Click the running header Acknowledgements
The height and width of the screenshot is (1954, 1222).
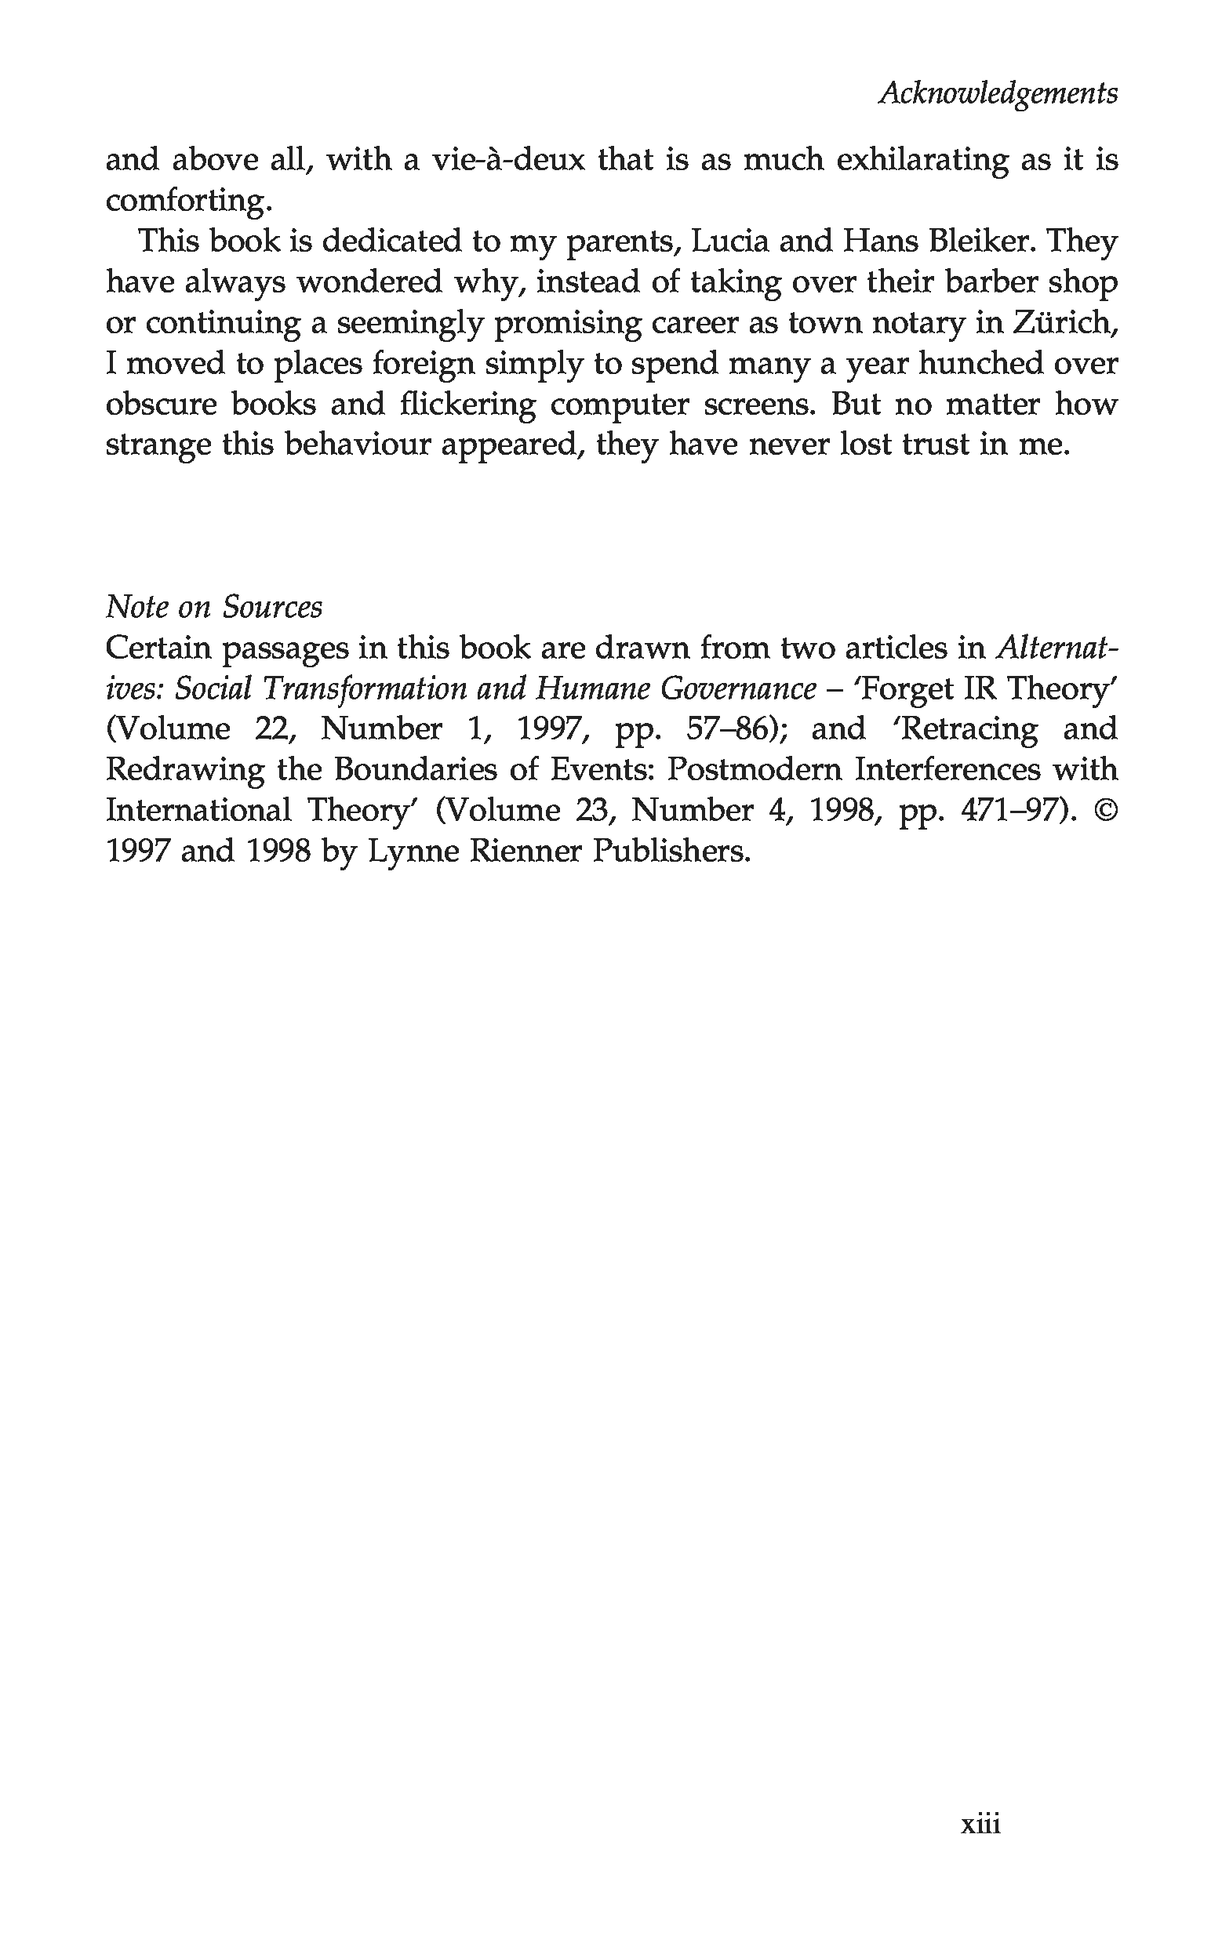pos(998,94)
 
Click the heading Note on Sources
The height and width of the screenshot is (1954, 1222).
pos(214,607)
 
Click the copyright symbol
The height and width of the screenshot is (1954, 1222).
pos(1104,810)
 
